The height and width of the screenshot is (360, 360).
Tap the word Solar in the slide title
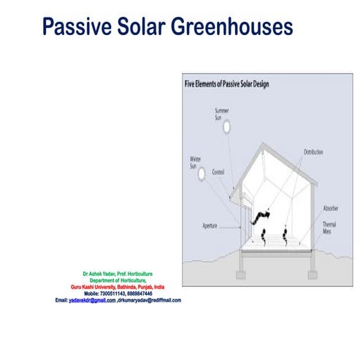(x=143, y=26)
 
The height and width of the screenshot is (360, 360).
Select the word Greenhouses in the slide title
(x=233, y=26)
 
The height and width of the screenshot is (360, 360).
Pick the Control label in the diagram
(x=218, y=172)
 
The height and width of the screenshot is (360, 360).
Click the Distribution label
(x=313, y=153)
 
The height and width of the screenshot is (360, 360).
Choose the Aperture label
(x=210, y=226)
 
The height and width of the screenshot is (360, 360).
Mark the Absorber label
(x=330, y=208)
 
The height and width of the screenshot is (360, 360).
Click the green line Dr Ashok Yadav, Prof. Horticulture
(x=118, y=274)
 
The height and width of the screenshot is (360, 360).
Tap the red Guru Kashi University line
(x=118, y=287)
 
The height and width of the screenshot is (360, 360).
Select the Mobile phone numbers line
(x=118, y=294)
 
